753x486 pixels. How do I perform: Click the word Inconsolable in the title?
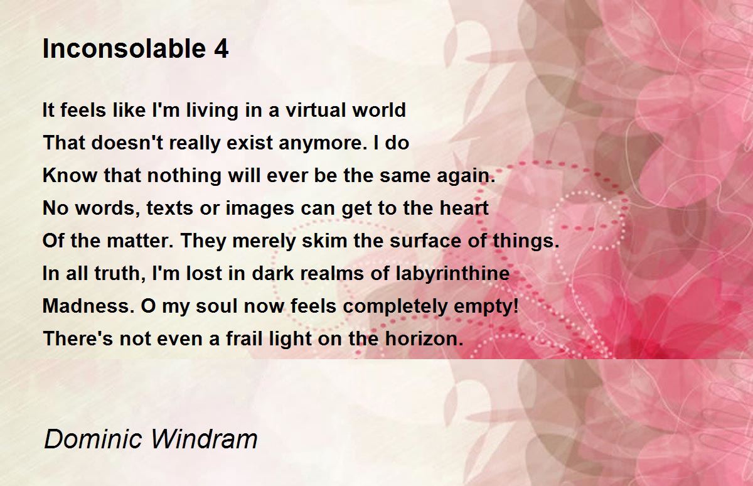pyautogui.click(x=124, y=49)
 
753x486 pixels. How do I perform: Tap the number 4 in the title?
pyautogui.click(x=221, y=49)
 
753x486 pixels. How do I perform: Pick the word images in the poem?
pyautogui.click(x=260, y=208)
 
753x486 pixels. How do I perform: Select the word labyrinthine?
pyautogui.click(x=453, y=274)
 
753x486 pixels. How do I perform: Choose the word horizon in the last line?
pyautogui.click(x=424, y=338)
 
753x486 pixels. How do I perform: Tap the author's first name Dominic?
pyautogui.click(x=93, y=439)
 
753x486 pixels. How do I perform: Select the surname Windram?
pyautogui.click(x=205, y=439)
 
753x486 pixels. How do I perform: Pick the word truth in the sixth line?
pyautogui.click(x=120, y=274)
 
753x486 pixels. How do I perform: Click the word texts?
pyautogui.click(x=170, y=208)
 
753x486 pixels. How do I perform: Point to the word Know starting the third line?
pyautogui.click(x=70, y=175)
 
